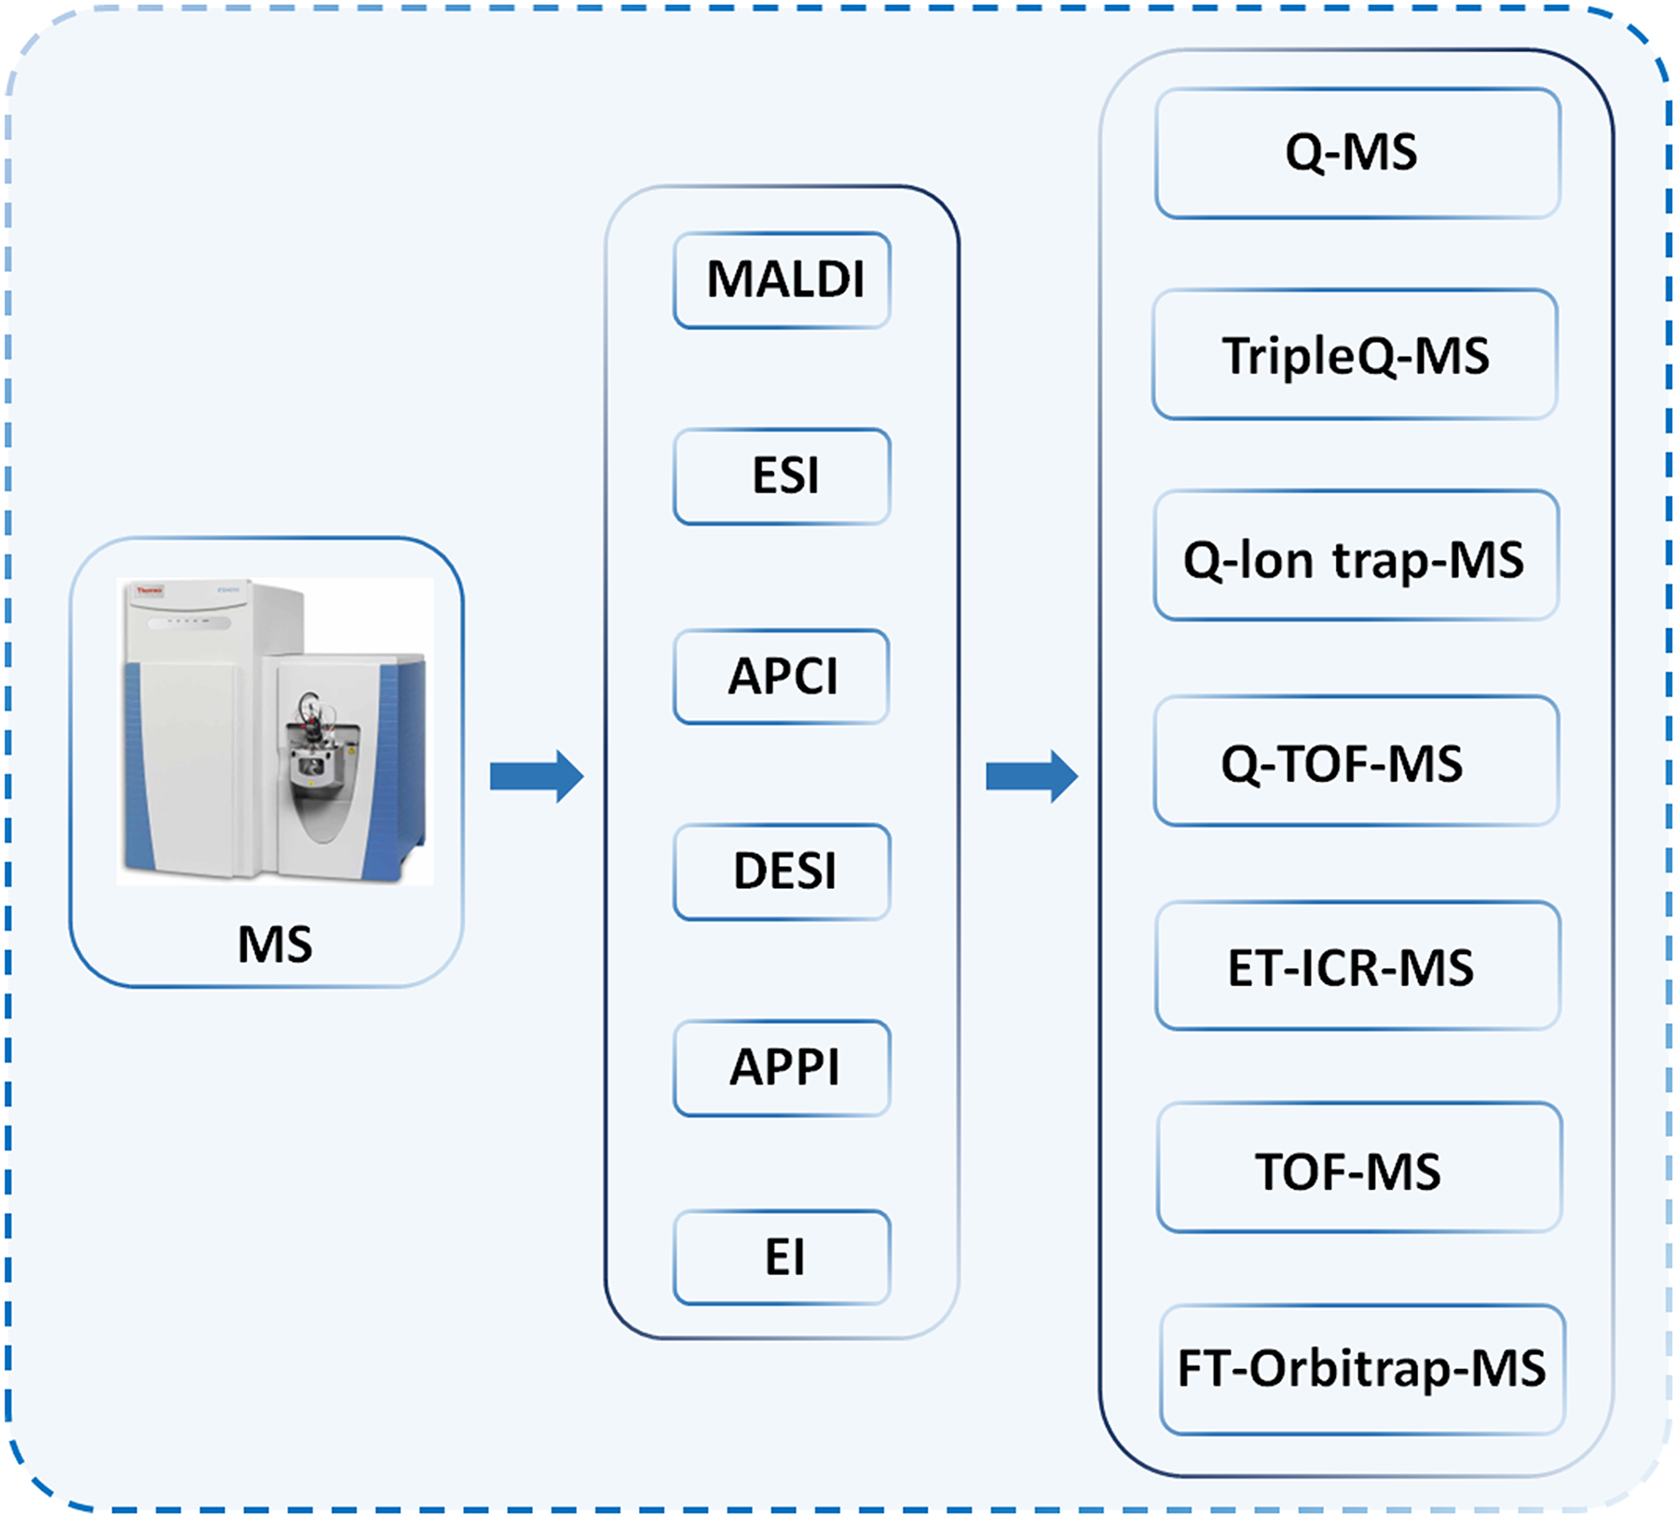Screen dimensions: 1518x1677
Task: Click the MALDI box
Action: click(782, 280)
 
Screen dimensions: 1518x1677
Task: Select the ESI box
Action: click(782, 476)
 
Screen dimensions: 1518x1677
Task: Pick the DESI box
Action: click(782, 871)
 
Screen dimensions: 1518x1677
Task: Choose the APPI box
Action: click(782, 1068)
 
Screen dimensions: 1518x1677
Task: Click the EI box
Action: click(782, 1257)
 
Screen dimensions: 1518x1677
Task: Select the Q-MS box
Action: click(1357, 153)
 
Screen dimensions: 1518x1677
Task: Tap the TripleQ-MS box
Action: click(1355, 355)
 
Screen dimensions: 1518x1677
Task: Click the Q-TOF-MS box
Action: click(1356, 761)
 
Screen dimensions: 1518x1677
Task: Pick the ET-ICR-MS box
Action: click(1357, 965)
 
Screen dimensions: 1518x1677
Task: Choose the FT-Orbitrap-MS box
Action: click(1361, 1369)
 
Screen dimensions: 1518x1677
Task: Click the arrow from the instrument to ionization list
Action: click(537, 775)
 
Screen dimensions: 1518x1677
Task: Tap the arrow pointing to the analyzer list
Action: click(1031, 775)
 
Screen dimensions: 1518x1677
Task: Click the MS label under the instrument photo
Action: click(275, 944)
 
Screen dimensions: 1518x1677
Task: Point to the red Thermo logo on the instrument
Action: click(150, 591)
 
